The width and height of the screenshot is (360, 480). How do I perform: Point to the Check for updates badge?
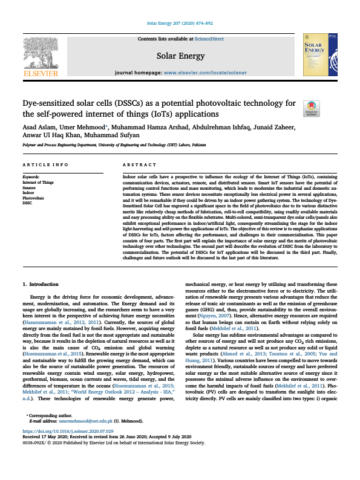[312, 108]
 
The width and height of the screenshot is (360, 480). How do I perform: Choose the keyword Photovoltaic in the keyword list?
[34, 198]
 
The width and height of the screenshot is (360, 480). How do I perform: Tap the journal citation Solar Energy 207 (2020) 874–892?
[180, 24]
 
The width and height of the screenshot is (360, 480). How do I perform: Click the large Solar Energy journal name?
[180, 56]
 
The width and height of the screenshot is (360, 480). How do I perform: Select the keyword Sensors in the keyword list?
[30, 187]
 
